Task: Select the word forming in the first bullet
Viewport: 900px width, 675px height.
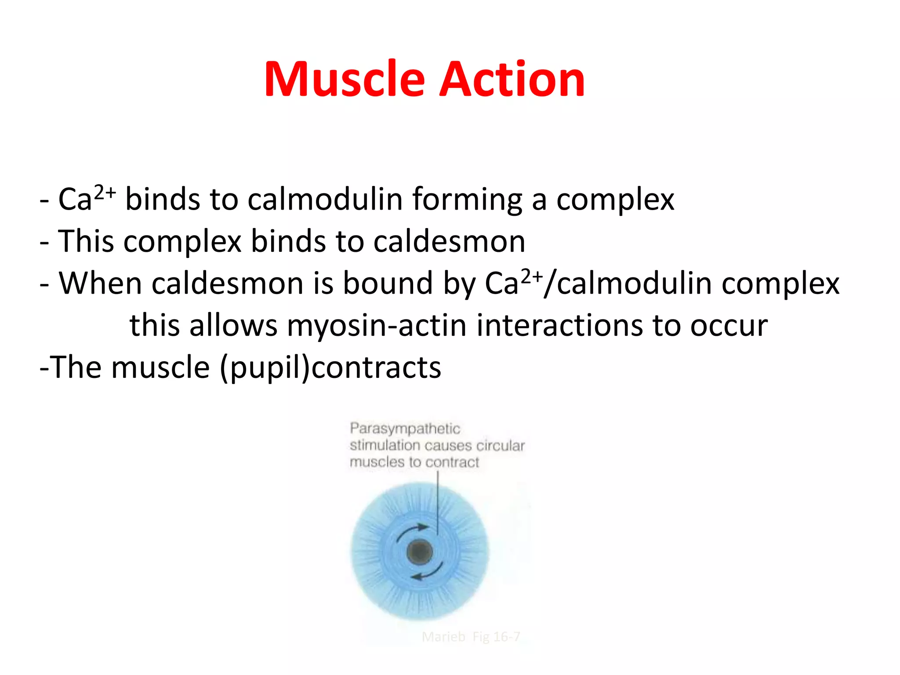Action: (467, 200)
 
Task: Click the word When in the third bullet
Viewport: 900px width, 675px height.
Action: (100, 283)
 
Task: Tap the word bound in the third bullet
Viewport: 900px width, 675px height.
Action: (388, 283)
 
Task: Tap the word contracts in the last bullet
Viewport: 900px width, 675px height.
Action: (377, 368)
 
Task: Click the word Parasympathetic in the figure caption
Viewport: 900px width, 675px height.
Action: (405, 428)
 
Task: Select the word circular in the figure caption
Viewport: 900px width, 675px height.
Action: (501, 446)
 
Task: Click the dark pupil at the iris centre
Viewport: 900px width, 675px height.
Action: (420, 552)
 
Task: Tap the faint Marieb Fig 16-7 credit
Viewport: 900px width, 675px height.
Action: (471, 637)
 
